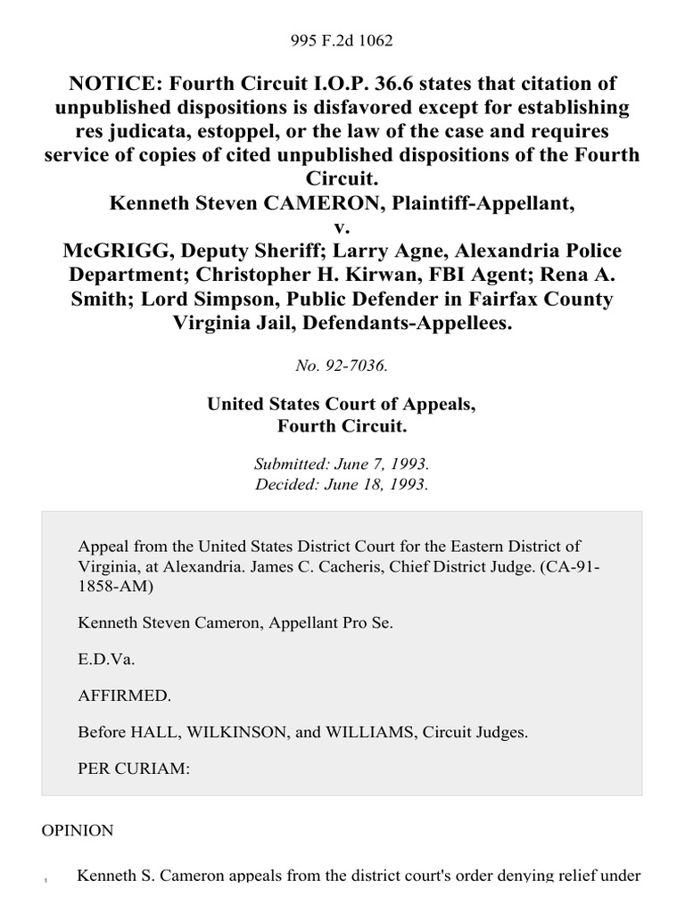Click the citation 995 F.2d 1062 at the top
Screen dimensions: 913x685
(342, 40)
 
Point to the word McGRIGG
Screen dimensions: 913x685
(111, 251)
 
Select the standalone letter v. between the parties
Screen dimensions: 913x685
(342, 228)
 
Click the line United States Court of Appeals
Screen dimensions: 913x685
(342, 404)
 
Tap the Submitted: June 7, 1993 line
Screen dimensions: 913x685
(342, 465)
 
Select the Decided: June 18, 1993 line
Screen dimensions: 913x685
(342, 486)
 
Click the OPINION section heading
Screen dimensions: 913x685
(78, 830)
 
